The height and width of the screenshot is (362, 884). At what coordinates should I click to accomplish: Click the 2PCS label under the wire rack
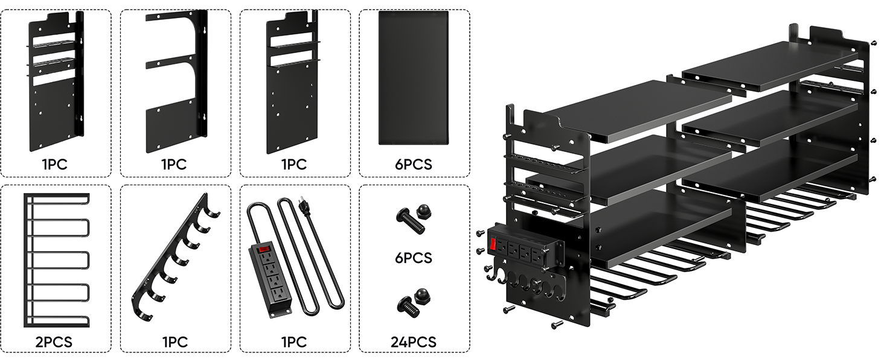[54, 342]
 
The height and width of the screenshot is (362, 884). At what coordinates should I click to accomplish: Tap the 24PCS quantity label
[414, 342]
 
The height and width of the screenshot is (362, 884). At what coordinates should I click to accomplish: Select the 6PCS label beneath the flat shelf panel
[414, 164]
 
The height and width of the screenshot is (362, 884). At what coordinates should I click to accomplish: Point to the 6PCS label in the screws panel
[414, 258]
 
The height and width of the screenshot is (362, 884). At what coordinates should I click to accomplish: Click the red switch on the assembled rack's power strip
[494, 244]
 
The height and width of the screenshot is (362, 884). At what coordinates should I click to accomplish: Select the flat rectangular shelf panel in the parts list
[414, 78]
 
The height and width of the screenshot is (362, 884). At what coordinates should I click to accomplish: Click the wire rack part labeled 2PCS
[56, 259]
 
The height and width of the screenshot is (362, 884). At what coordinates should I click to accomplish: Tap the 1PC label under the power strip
[293, 342]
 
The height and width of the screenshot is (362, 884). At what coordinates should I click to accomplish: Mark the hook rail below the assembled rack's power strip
[525, 279]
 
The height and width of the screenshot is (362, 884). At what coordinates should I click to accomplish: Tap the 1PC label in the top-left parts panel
[54, 164]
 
